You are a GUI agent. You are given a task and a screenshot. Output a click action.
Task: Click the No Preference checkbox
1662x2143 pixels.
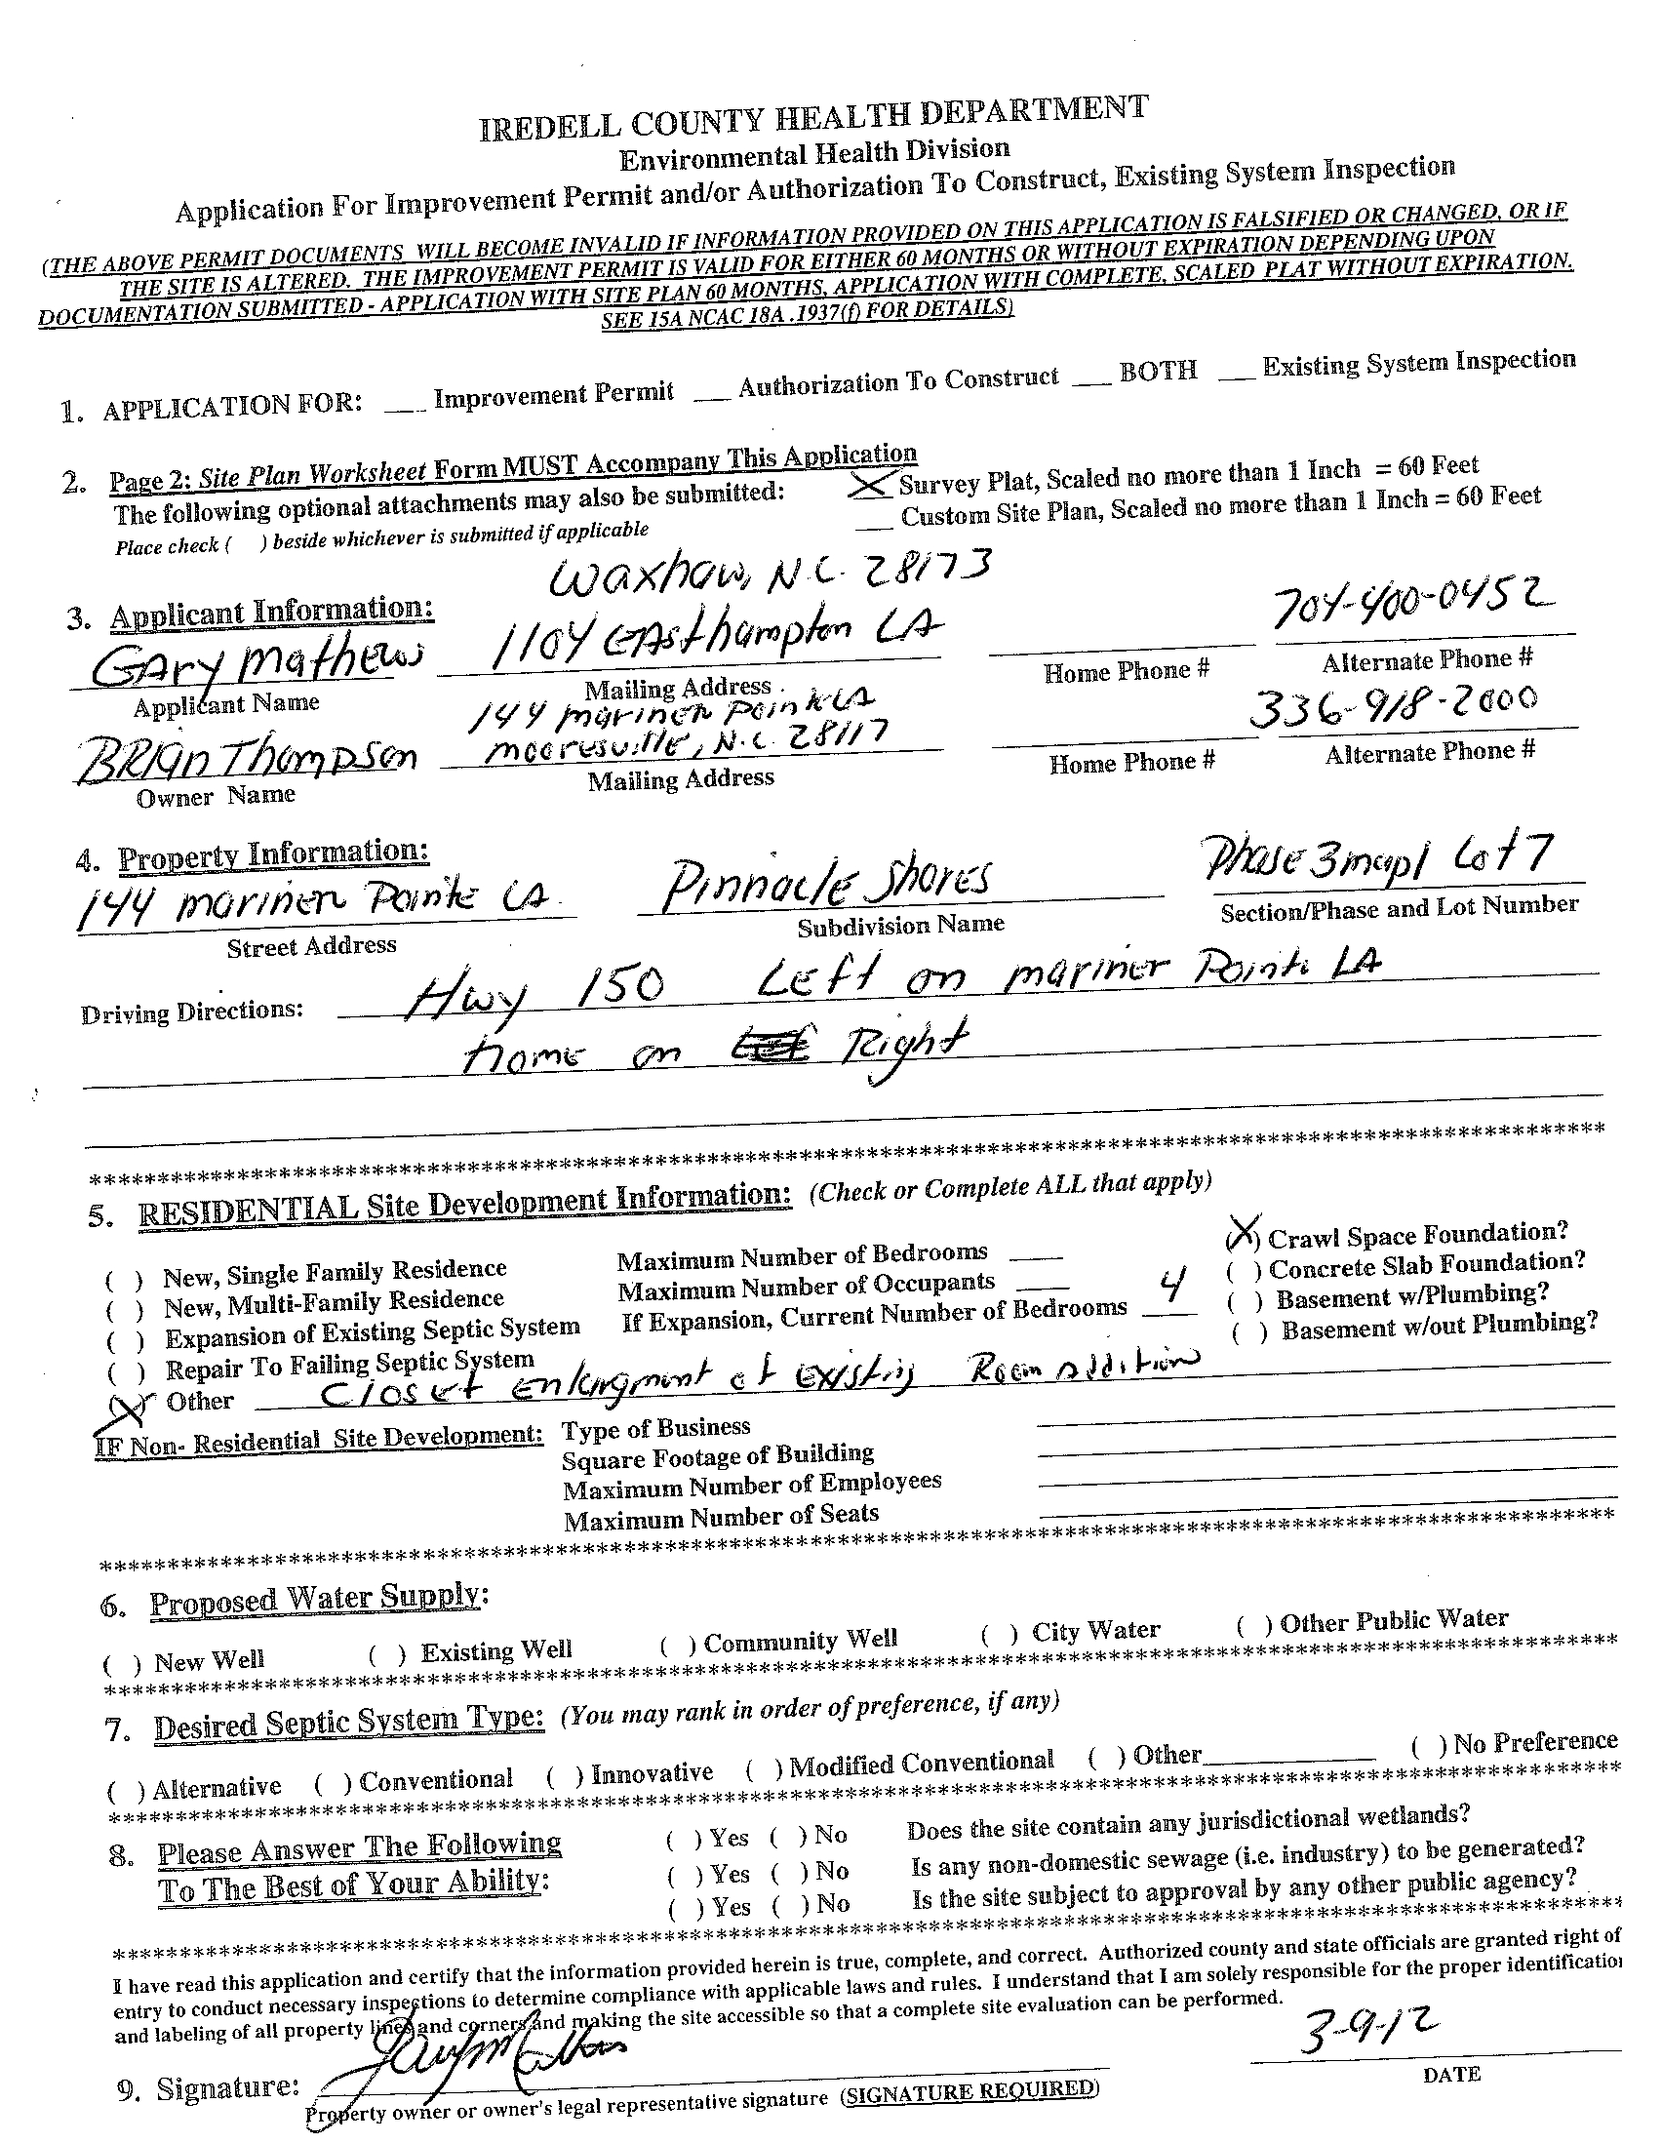1427,1746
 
